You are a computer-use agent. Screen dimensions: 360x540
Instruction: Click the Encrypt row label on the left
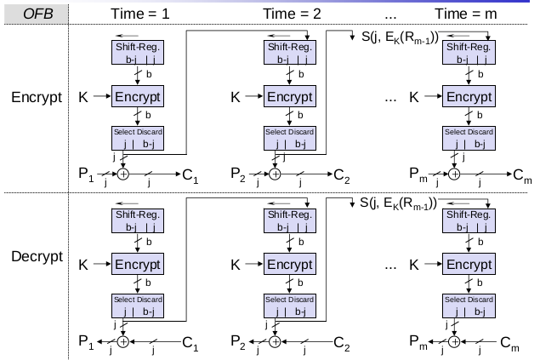tap(37, 96)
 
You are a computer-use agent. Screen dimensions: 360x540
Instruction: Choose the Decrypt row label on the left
tap(37, 265)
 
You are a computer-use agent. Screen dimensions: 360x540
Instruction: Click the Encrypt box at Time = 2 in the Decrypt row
tap(290, 265)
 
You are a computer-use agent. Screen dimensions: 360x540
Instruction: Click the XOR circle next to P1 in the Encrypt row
tap(121, 174)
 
